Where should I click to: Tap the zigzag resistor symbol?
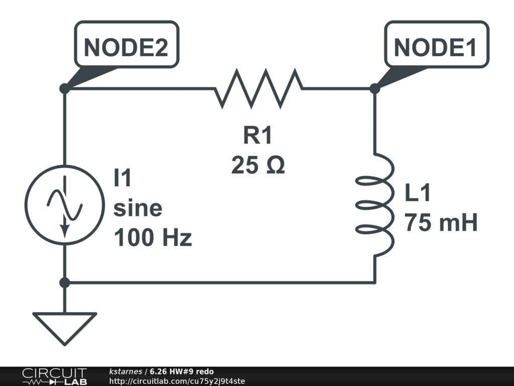(x=259, y=88)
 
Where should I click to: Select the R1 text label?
(x=258, y=135)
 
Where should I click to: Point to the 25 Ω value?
(x=258, y=165)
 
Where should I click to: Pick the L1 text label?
(x=417, y=192)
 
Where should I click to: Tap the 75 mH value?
(x=441, y=223)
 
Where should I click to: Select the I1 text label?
(x=122, y=177)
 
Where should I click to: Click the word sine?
(x=138, y=208)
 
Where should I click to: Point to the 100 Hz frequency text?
(x=153, y=237)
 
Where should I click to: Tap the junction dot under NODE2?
(x=65, y=88)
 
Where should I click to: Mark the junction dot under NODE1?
(x=374, y=88)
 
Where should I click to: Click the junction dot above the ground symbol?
(x=65, y=282)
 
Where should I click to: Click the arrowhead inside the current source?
(x=65, y=231)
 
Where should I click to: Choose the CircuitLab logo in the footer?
(x=55, y=376)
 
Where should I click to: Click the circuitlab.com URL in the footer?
(x=177, y=381)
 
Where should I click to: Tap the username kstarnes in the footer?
(x=125, y=371)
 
